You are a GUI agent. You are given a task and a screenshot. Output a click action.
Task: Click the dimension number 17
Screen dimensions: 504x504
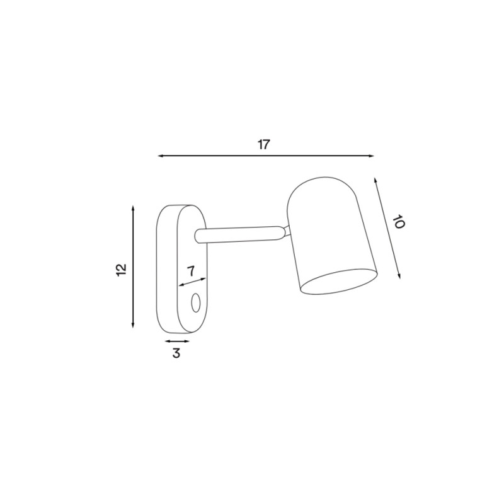pos(263,144)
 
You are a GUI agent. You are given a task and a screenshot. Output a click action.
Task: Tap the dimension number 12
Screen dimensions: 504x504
pos(122,269)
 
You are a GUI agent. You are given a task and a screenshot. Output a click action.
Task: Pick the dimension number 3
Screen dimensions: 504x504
pos(176,353)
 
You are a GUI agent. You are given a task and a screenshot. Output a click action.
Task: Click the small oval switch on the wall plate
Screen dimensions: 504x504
pos(196,303)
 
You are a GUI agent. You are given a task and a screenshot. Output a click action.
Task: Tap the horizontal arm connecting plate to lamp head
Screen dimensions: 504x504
pos(239,234)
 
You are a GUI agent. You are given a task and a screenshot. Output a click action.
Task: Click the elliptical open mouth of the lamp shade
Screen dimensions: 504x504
pos(339,281)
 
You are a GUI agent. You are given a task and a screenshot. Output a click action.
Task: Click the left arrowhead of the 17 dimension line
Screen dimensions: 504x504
pos(160,155)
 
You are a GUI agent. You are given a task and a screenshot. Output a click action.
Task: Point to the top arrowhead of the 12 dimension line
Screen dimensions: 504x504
pos(133,209)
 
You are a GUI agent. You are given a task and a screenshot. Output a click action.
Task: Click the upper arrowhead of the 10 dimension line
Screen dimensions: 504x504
pos(376,181)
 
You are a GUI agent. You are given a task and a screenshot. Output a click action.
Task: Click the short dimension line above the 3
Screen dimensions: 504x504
pos(177,341)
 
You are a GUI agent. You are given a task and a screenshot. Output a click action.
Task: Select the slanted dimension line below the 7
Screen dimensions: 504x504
pos(193,282)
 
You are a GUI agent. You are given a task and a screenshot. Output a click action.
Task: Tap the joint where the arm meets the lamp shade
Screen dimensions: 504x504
pos(287,231)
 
